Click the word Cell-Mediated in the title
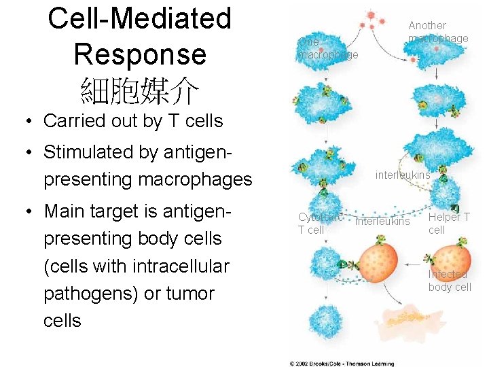[139, 19]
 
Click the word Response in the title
[139, 54]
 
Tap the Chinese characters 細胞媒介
[139, 88]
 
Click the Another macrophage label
[437, 32]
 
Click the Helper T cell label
[448, 224]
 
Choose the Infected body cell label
[449, 281]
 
